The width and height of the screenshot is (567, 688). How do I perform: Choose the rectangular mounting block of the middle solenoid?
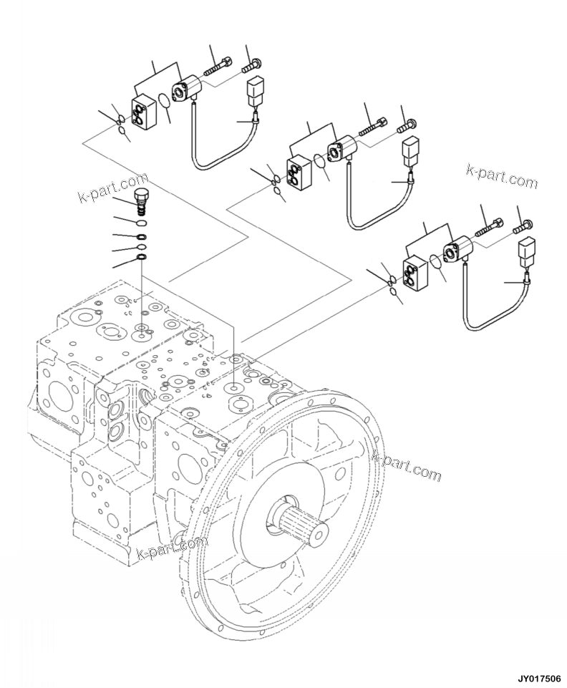click(x=301, y=173)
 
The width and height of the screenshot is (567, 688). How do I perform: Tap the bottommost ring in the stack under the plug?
click(x=142, y=257)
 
